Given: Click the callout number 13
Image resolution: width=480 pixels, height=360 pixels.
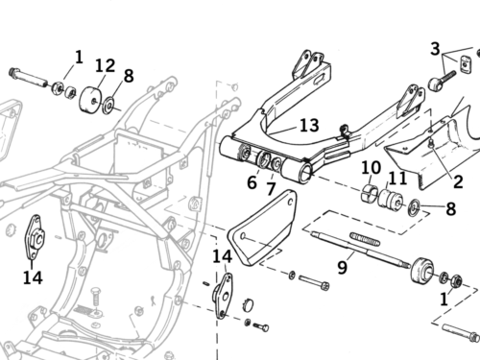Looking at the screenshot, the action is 309,126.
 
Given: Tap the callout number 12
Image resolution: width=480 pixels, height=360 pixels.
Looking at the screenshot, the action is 106,65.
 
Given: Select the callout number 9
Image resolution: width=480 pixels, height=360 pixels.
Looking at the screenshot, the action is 342,267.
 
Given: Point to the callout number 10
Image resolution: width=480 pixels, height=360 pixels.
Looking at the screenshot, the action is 371,168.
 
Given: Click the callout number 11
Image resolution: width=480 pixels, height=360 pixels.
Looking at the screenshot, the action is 397,179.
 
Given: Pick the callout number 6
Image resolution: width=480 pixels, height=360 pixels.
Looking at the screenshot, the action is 252,182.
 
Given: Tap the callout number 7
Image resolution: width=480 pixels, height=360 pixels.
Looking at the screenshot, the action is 271,188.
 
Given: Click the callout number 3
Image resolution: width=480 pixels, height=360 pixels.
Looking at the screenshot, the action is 435,49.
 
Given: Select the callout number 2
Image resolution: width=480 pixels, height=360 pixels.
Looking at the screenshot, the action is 458,182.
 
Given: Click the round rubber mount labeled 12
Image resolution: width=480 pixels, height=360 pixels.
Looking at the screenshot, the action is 90,99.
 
